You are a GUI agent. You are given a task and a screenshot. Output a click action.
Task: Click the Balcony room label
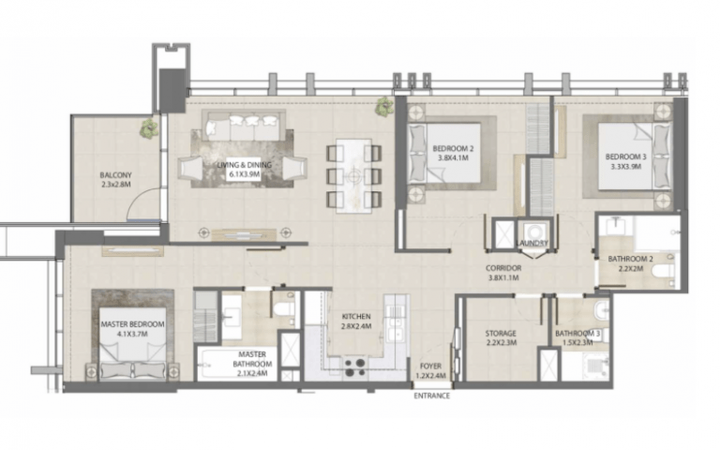click(115, 180)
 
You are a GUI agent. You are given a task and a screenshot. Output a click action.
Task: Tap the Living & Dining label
click(245, 170)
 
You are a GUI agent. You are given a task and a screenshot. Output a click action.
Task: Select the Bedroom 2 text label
click(453, 154)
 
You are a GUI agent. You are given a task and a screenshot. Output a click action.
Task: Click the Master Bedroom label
click(132, 329)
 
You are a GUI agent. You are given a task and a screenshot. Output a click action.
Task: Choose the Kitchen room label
click(356, 322)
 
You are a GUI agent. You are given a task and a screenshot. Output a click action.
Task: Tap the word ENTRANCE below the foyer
click(431, 396)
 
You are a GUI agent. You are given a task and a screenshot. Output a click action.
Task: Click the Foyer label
click(430, 370)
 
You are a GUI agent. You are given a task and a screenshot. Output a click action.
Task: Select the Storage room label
click(501, 337)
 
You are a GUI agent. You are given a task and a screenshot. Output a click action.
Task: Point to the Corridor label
click(503, 273)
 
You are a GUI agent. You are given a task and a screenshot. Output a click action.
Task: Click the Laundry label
click(532, 243)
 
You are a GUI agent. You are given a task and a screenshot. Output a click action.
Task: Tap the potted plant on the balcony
click(149, 128)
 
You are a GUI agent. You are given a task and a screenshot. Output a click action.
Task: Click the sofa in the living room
click(244, 126)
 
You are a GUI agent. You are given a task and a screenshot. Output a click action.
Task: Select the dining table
click(354, 175)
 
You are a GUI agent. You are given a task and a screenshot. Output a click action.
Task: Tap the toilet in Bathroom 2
click(664, 271)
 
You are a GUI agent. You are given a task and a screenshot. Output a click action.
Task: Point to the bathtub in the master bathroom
click(237, 364)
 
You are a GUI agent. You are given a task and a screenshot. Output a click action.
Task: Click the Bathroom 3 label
click(577, 337)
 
